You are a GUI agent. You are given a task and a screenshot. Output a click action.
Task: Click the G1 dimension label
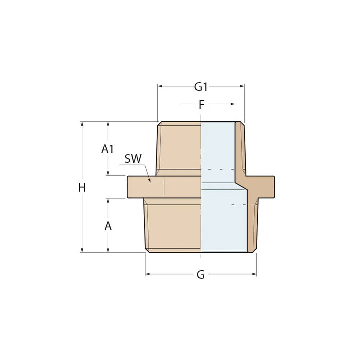click(x=201, y=87)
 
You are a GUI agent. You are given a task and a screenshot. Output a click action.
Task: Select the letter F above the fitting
click(x=201, y=105)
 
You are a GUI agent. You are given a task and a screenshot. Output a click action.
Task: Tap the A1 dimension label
click(x=108, y=149)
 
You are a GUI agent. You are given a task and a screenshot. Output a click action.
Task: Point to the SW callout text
click(x=133, y=159)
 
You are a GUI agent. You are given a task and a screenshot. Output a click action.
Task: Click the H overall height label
click(x=82, y=188)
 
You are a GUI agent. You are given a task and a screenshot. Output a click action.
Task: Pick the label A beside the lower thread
click(x=108, y=226)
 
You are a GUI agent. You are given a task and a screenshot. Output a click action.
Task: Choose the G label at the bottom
click(x=201, y=275)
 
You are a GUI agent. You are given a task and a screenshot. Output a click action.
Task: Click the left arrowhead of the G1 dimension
click(x=160, y=86)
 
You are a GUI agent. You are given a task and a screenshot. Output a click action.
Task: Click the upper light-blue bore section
click(x=218, y=150)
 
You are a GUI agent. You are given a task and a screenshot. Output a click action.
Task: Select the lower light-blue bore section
click(x=223, y=222)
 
